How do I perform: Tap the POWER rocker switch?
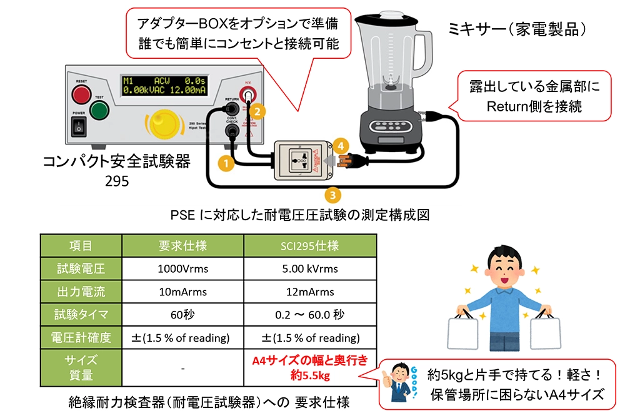click(x=79, y=126)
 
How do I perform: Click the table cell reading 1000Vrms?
click(x=182, y=269)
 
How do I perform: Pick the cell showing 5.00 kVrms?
click(x=311, y=269)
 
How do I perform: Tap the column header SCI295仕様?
click(x=311, y=246)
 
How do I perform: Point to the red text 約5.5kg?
click(x=311, y=376)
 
